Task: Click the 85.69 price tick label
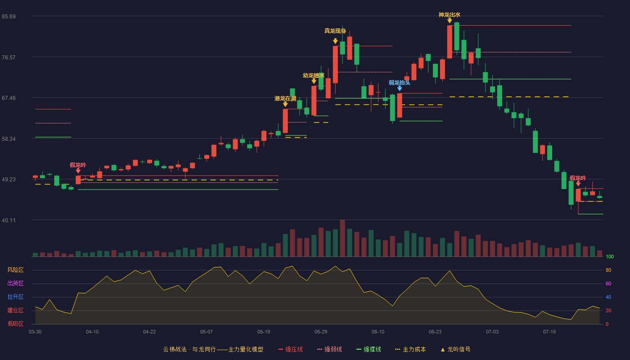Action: tap(9, 17)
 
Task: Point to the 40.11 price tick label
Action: tap(9, 220)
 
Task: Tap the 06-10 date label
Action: tap(378, 332)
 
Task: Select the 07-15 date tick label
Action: tap(549, 332)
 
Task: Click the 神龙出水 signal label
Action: tap(450, 14)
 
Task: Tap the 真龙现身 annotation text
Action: tap(335, 31)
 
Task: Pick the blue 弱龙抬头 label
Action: tap(400, 83)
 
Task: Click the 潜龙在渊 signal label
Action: tap(285, 99)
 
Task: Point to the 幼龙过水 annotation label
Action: tap(314, 76)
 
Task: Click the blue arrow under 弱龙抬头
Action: tap(400, 89)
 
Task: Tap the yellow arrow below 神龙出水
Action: tap(450, 21)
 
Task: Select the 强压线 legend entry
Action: tap(290, 349)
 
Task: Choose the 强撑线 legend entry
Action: tap(369, 349)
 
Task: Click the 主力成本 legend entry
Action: tap(410, 349)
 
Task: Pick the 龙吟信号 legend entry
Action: tap(455, 349)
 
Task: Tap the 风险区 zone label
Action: tap(15, 270)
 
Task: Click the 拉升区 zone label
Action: tap(15, 297)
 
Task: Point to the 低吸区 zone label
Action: tap(15, 324)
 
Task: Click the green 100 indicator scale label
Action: tap(610, 256)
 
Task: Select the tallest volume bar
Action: tap(342, 238)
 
